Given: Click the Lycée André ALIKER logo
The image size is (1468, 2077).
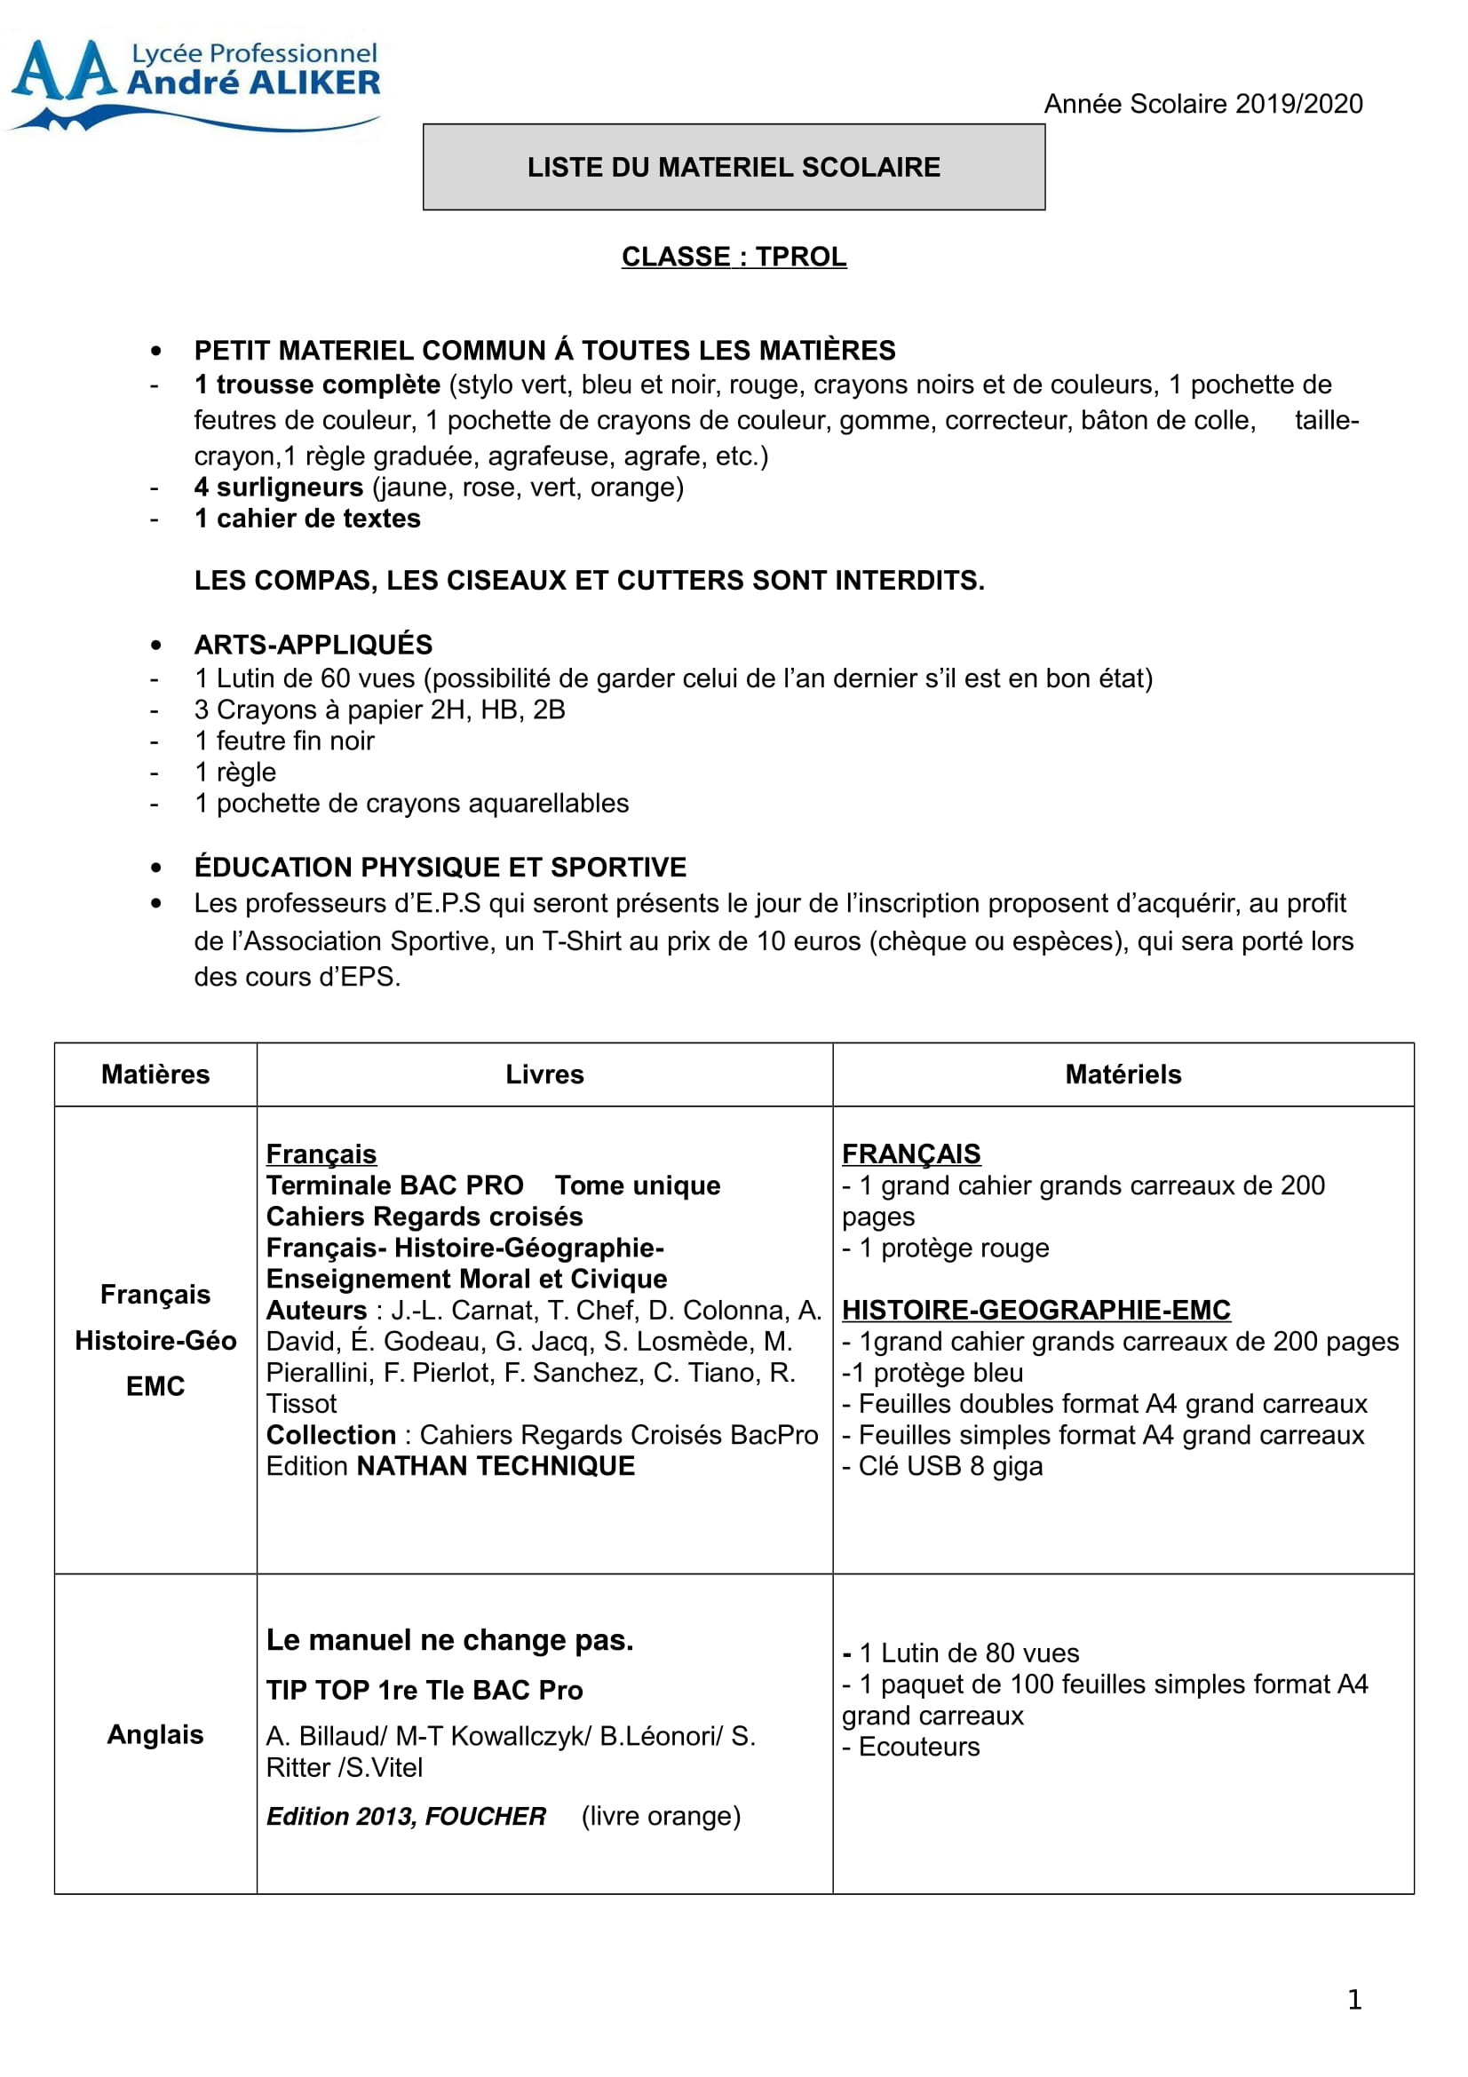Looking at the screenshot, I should [x=194, y=84].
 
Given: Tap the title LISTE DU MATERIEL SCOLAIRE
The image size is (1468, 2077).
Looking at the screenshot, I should [x=734, y=167].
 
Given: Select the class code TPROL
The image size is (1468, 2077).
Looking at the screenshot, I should [x=800, y=257].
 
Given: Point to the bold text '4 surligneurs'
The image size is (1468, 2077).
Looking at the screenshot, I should [x=279, y=488].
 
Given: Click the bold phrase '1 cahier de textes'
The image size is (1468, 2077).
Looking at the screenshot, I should [x=307, y=519].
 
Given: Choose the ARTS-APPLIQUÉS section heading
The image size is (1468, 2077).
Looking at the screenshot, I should [x=313, y=645].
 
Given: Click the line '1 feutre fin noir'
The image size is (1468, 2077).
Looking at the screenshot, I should [x=284, y=741].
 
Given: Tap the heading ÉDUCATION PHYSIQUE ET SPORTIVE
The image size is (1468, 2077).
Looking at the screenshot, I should [x=440, y=868].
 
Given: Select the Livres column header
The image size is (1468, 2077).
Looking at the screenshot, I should [x=544, y=1074].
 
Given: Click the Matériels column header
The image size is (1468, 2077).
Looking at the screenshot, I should [x=1123, y=1074].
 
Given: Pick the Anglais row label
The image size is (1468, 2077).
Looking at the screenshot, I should [x=155, y=1735].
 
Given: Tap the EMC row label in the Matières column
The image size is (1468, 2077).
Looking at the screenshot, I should [x=155, y=1387].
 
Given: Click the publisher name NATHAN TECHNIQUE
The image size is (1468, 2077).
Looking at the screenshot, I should [x=496, y=1466].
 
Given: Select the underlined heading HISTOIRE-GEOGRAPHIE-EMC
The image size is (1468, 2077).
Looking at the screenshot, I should [x=1036, y=1311].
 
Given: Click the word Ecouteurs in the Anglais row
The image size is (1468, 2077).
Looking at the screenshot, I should [x=919, y=1747].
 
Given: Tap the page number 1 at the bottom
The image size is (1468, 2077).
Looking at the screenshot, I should [x=1354, y=2000].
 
